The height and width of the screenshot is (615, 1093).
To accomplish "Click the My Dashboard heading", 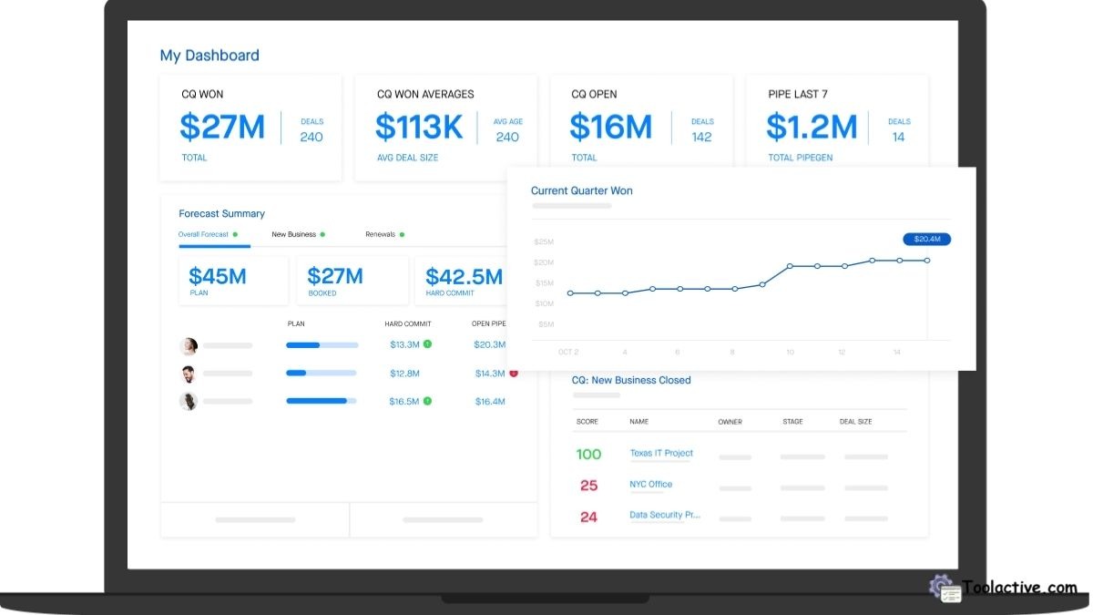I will [x=209, y=56].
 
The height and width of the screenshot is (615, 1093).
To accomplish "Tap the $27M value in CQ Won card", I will [x=222, y=127].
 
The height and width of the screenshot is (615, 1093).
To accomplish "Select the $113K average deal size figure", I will [x=419, y=127].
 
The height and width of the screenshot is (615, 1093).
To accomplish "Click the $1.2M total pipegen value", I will [x=812, y=127].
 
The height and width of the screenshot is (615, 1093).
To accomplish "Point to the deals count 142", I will [x=701, y=137].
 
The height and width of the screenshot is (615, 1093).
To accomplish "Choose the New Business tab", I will [x=294, y=234].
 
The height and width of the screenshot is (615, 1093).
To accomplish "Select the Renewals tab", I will [x=381, y=234].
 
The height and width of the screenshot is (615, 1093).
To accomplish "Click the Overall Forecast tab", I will [x=203, y=234].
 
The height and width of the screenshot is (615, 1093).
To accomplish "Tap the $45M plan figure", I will [x=218, y=276].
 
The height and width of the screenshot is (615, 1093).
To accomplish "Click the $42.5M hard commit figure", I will [x=464, y=276].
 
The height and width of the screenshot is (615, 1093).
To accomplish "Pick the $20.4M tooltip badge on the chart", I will [x=926, y=239].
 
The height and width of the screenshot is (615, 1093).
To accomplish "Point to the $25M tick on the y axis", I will [x=544, y=241].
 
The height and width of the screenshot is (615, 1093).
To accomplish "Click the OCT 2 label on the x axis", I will [x=568, y=352].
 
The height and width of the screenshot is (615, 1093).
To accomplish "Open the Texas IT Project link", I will [x=661, y=453].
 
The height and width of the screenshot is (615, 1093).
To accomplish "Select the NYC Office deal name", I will [x=650, y=484].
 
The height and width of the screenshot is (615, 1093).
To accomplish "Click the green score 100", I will [x=588, y=454].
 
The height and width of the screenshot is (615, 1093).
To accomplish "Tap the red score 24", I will [x=588, y=517].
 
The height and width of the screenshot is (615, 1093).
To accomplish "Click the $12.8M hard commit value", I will [x=404, y=374].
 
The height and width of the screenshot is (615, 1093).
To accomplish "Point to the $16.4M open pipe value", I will [x=490, y=401].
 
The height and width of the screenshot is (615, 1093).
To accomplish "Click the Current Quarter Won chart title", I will [x=581, y=190].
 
